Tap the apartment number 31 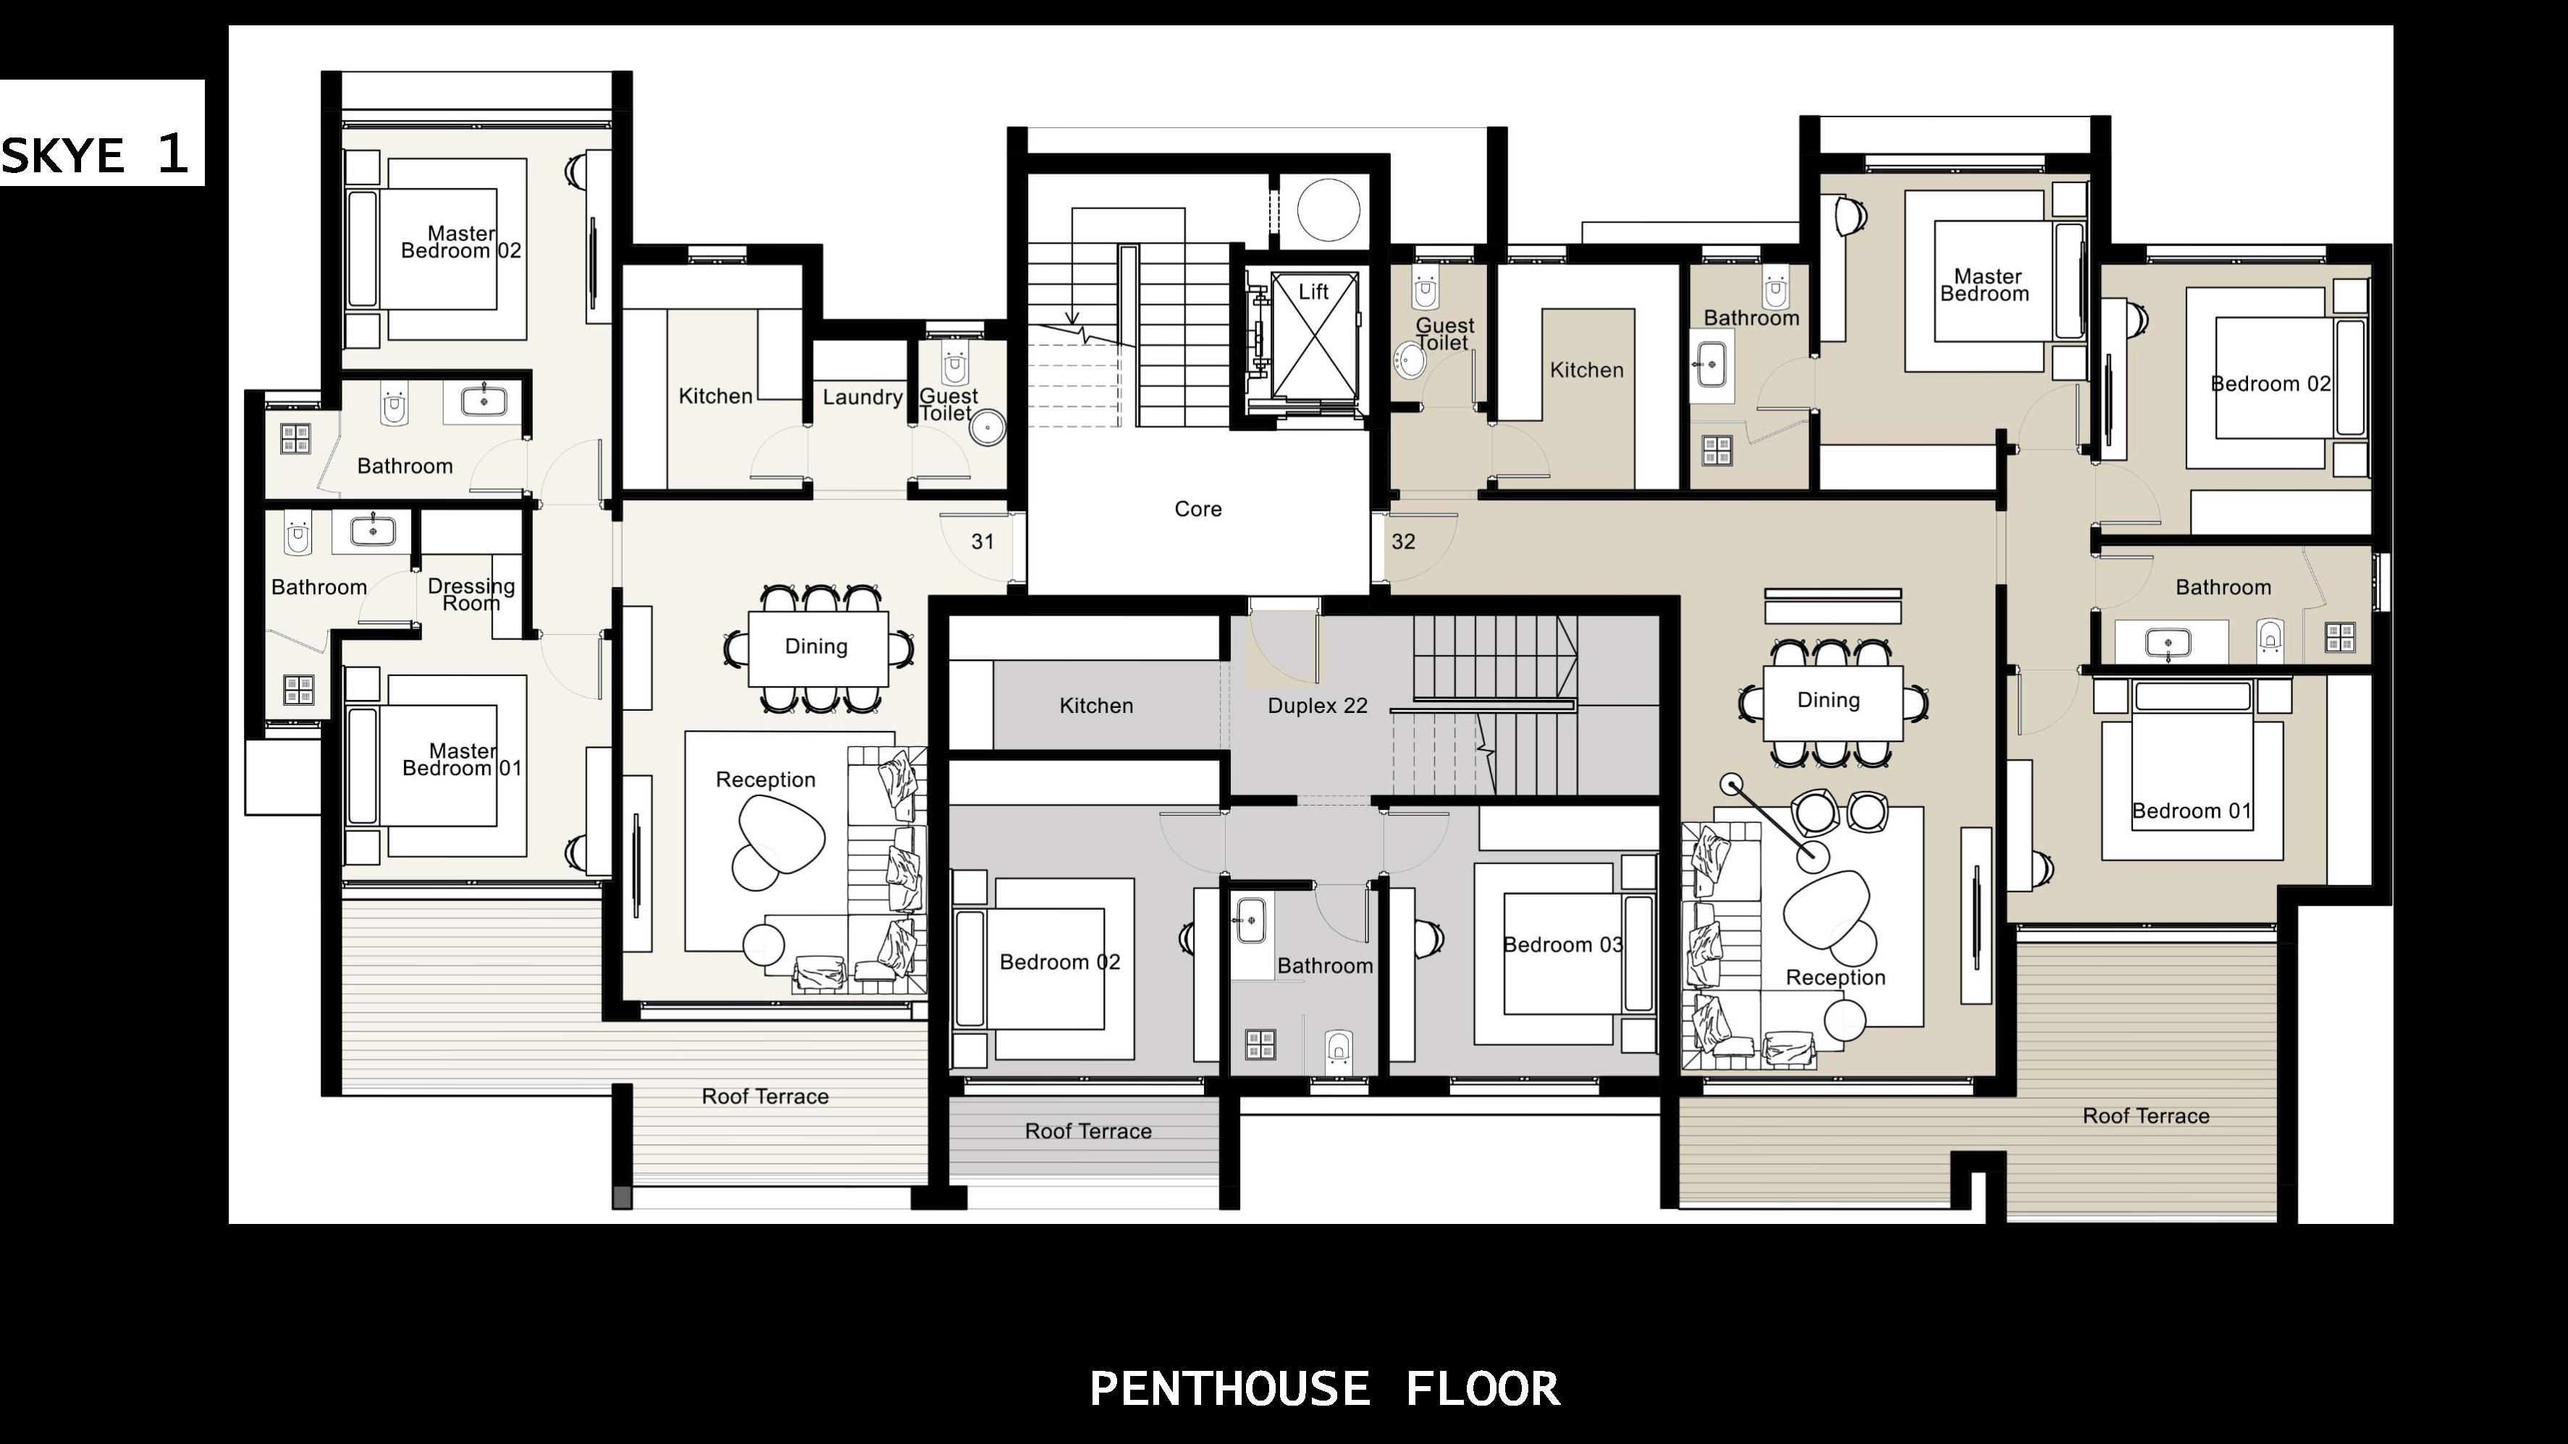coord(983,541)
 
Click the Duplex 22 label coord(1317,706)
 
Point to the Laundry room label coord(862,397)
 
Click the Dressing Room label coord(471,594)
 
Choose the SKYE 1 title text coord(96,154)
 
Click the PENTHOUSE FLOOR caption coord(1325,1388)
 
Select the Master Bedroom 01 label coord(462,759)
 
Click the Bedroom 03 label coord(1562,945)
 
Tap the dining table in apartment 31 coord(817,648)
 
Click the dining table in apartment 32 coord(1832,703)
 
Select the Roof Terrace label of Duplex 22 coord(1087,1131)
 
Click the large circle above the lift coord(1328,211)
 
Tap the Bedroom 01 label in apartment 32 coord(2192,811)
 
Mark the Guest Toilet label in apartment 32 coord(1444,334)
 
